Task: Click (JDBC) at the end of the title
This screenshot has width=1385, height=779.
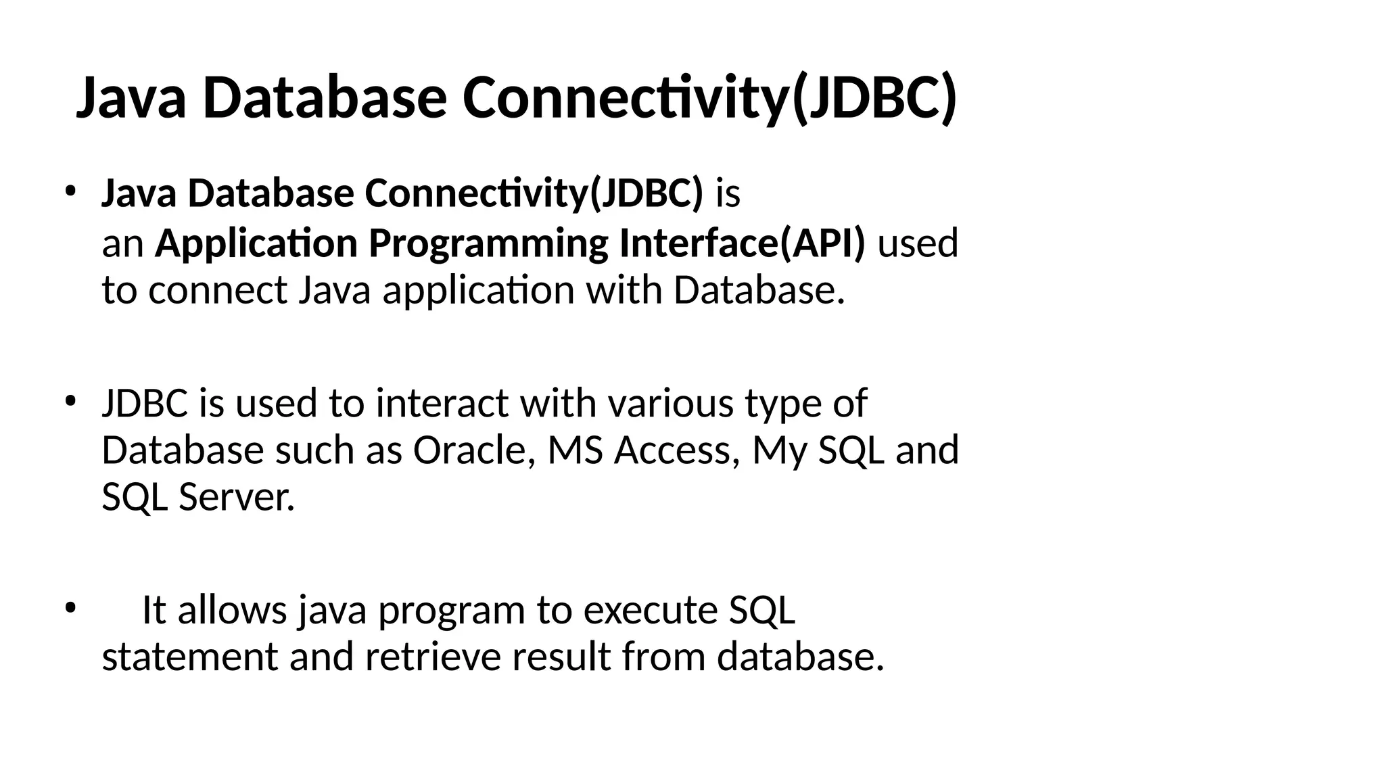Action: click(x=873, y=98)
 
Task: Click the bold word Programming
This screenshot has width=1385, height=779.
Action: click(x=488, y=243)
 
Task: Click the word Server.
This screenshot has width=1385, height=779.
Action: click(x=237, y=498)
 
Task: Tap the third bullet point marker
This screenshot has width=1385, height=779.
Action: click(x=70, y=607)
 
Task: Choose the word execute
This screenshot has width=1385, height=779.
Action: click(x=650, y=610)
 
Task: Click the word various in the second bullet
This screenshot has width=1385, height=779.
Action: click(x=670, y=403)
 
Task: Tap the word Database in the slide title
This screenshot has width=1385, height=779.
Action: click(x=324, y=98)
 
